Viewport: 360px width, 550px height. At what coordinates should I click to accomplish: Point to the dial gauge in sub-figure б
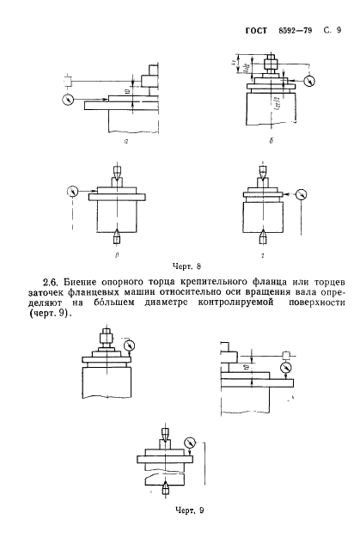coord(309,81)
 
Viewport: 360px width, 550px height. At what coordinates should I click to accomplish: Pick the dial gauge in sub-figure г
coord(301,192)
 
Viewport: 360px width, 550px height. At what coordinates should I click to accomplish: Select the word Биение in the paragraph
coord(87,281)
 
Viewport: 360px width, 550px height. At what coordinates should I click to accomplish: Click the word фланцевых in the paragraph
coord(109,293)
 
